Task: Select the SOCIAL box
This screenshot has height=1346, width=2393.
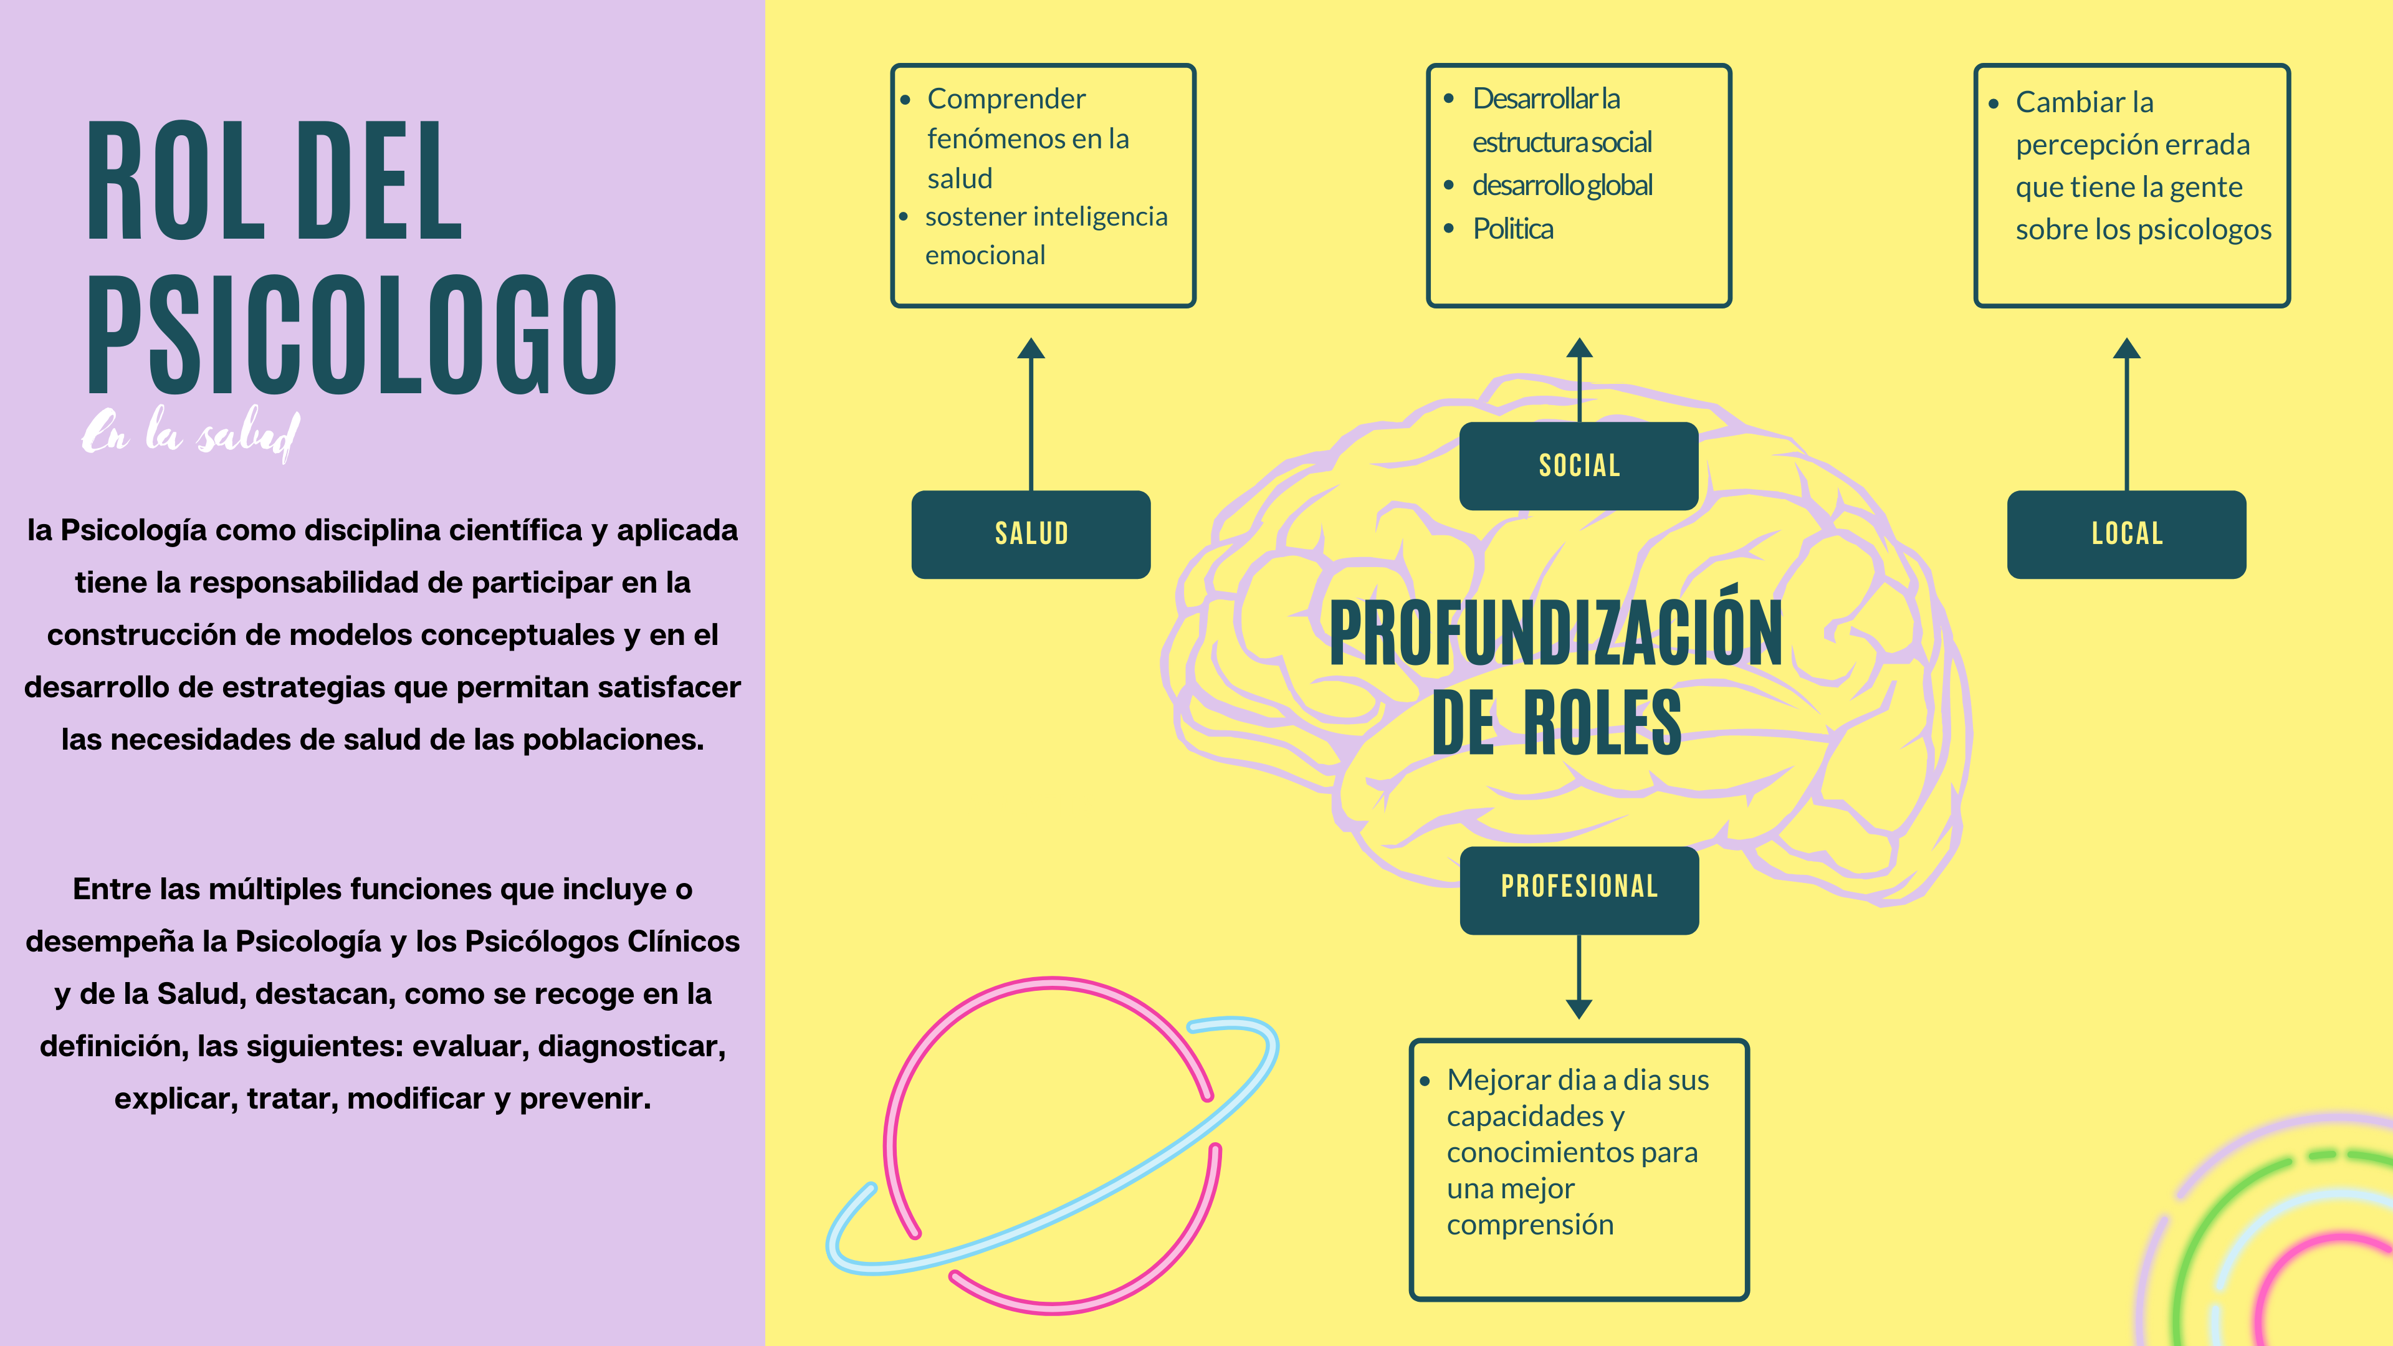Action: coord(1579,465)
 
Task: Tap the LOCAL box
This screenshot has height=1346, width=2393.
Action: coord(2126,534)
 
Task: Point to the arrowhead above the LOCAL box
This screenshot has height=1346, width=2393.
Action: coord(2126,349)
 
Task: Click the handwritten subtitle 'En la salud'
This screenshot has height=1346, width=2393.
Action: coord(191,434)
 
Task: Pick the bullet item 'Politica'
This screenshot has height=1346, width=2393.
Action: coord(1512,229)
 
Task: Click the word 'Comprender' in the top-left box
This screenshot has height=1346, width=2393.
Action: coord(1006,98)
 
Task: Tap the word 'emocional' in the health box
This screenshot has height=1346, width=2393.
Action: coord(985,255)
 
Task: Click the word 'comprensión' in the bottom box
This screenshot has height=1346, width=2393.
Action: coord(1529,1224)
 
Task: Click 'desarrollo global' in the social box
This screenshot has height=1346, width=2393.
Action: coord(1562,186)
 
